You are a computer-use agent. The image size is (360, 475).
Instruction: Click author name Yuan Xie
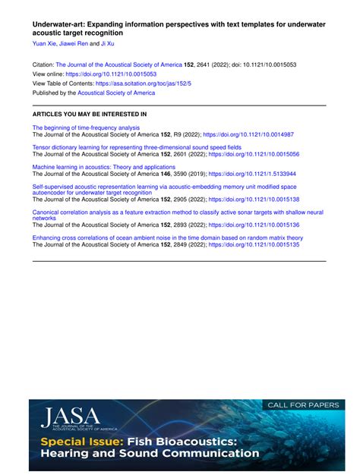tap(44, 44)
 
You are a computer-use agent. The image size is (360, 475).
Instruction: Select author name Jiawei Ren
tap(74, 44)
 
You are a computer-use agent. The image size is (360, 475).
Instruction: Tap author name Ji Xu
tap(109, 44)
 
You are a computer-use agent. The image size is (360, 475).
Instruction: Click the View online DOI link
tap(111, 74)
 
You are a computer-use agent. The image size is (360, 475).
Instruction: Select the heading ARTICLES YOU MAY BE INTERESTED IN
tap(90, 114)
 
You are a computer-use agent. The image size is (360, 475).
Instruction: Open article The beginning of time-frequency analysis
tap(86, 128)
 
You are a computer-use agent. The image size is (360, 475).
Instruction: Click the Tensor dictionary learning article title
tap(137, 147)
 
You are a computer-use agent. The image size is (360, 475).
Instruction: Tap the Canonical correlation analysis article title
tap(177, 213)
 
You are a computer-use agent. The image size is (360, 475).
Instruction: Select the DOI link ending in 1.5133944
tap(252, 174)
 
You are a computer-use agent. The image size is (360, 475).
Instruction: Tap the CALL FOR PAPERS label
tap(303, 405)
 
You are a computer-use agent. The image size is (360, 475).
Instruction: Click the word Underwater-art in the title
tap(62, 24)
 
